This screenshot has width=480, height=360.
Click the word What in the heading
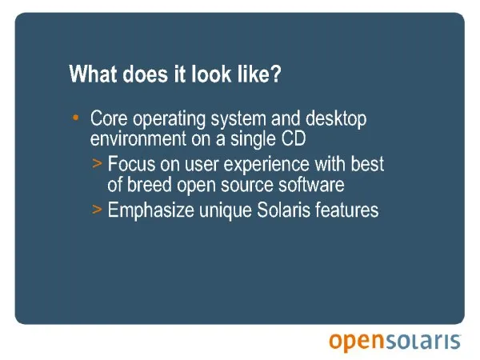coord(93,74)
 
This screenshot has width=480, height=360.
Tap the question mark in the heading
coord(275,74)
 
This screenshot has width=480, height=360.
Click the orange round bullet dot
coord(76,118)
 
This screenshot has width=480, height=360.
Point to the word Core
coord(109,118)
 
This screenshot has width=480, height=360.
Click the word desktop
coord(336,119)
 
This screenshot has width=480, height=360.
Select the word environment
coord(138,138)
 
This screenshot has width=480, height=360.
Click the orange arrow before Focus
coord(97,164)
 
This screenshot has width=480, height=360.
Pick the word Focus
coord(131,164)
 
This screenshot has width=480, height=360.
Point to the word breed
coord(149,185)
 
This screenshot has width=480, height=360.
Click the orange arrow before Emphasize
coord(97,210)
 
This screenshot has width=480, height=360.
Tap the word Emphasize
coord(151,211)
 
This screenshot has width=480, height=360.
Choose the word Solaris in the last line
coord(283,210)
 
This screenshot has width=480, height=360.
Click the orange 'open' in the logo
coord(356,342)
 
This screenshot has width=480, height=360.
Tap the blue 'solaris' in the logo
coord(422,342)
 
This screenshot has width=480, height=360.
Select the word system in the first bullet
coord(238,119)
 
